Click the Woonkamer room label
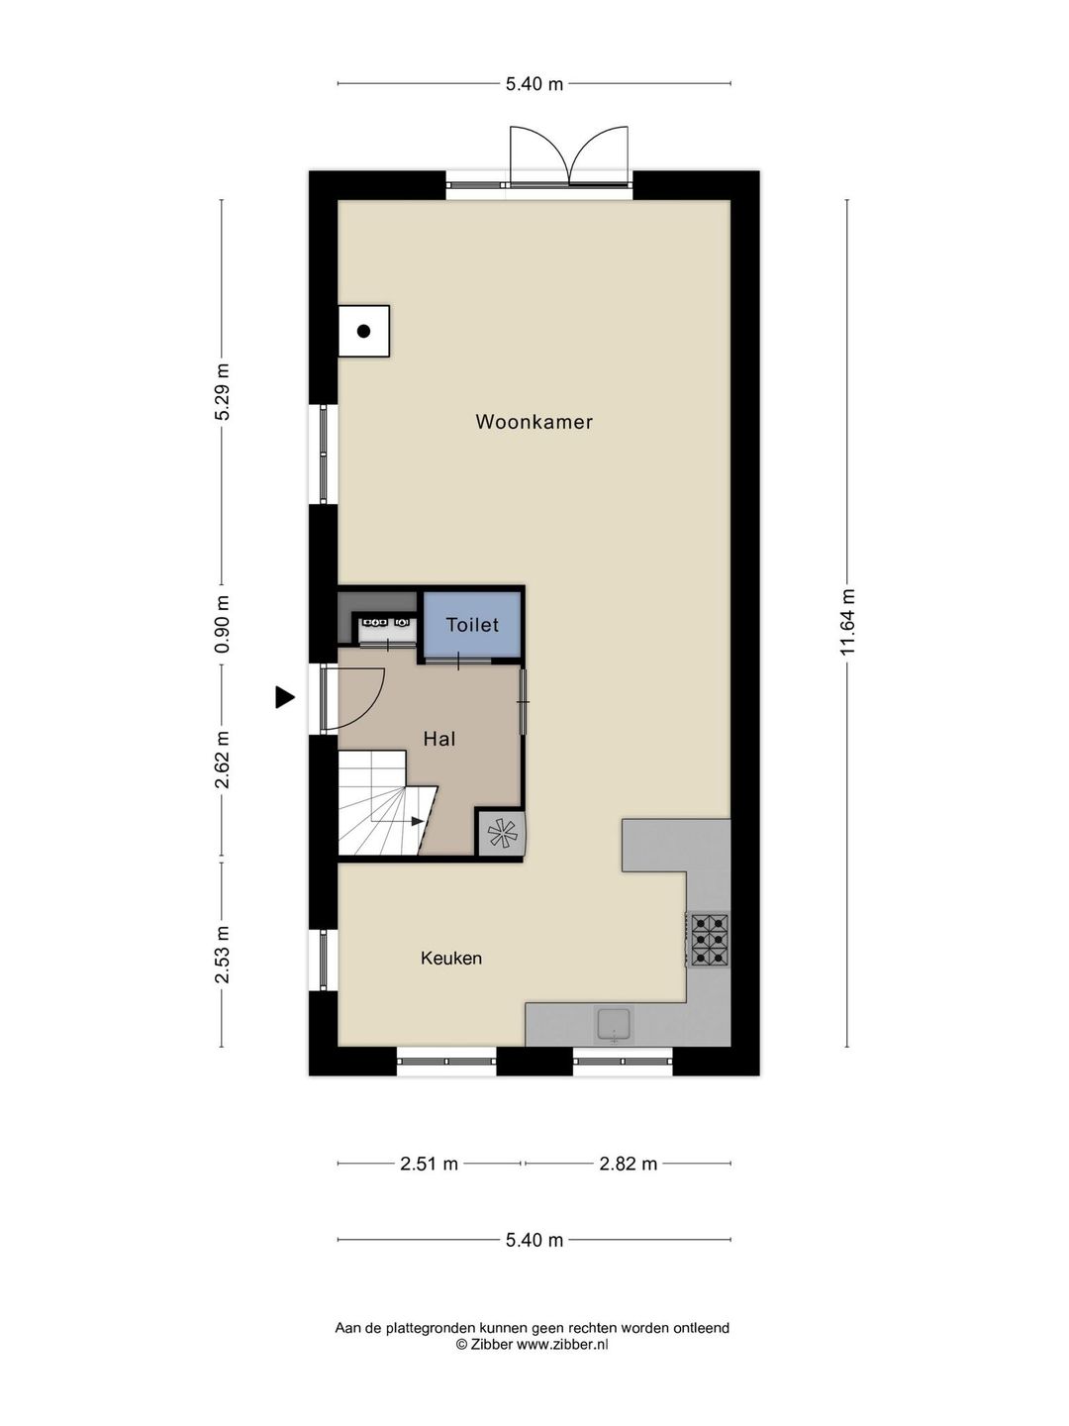tap(534, 422)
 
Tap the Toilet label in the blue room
tap(472, 625)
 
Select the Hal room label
tap(438, 739)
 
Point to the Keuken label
tap(451, 959)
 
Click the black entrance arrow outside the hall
tap(284, 698)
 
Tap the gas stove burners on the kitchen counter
tap(710, 940)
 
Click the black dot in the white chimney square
tap(363, 332)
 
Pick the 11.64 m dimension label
tap(847, 623)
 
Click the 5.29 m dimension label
tap(222, 392)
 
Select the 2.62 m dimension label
tap(222, 760)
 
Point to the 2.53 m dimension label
tap(222, 954)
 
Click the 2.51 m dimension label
tap(429, 1164)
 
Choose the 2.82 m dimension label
tap(628, 1164)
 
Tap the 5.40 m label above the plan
tap(534, 84)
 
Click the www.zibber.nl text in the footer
tap(562, 1345)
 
